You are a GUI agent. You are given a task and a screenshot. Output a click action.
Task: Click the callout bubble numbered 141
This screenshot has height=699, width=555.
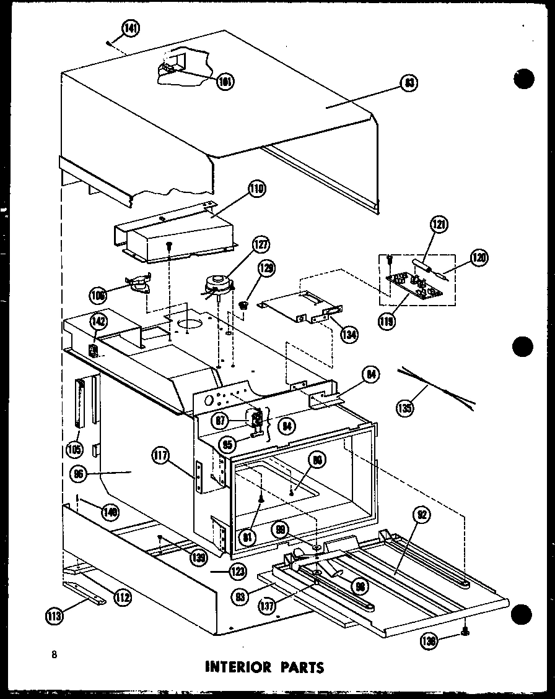coord(131,28)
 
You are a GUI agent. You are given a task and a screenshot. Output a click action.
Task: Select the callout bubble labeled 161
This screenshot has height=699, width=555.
coord(227,81)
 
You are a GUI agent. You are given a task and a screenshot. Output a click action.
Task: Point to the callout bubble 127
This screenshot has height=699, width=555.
coord(261,245)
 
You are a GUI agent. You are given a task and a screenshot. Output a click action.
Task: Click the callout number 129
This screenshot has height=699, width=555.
coord(268,269)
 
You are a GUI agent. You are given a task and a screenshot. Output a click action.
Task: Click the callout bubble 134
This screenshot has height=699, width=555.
coord(349,335)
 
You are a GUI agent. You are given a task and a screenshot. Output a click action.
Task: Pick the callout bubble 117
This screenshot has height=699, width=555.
coord(161,459)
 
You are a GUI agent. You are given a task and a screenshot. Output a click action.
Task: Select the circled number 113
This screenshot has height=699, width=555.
coord(54,615)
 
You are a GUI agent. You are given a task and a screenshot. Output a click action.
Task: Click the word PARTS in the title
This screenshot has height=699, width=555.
coord(300,667)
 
